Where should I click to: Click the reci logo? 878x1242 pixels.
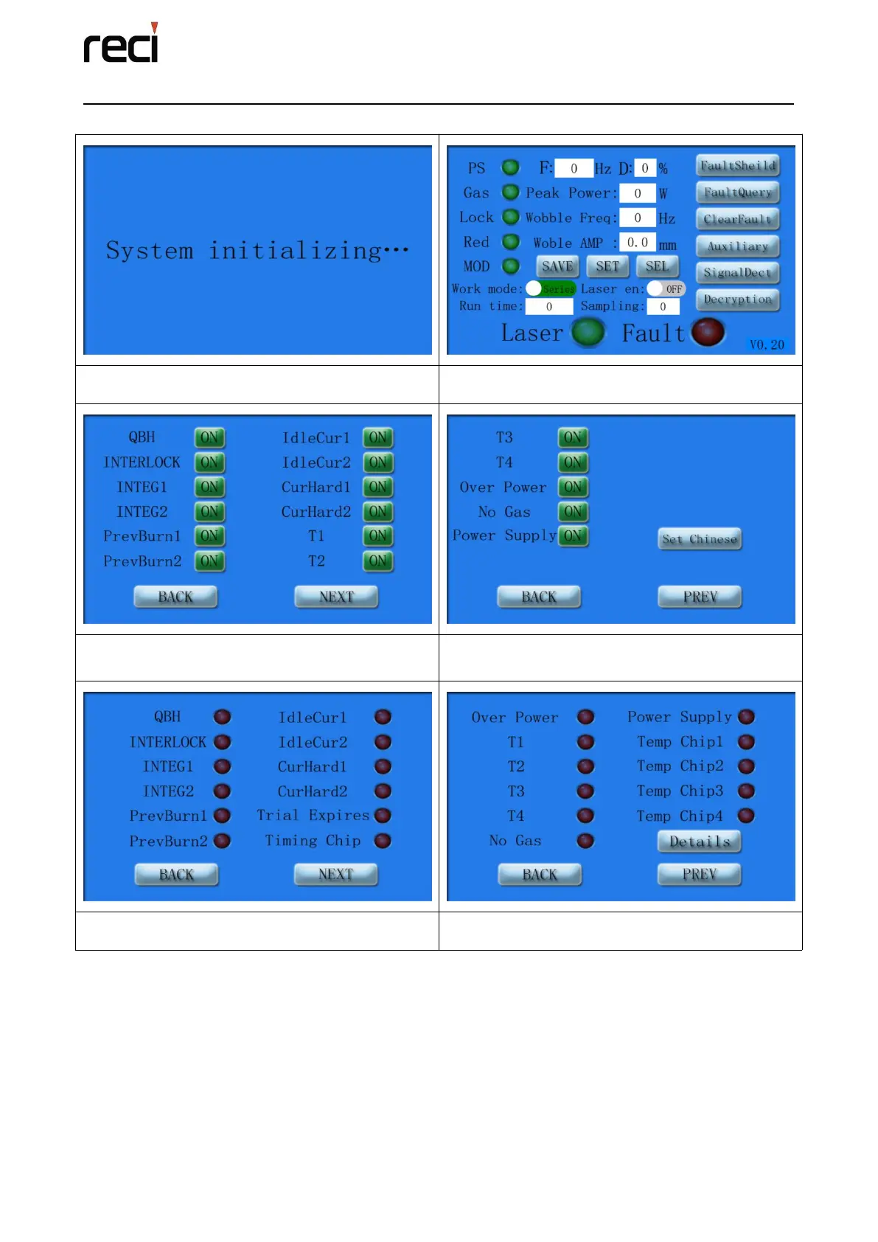pyautogui.click(x=121, y=44)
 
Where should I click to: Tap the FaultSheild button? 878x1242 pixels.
pyautogui.click(x=737, y=166)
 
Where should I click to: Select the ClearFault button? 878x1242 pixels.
pyautogui.click(x=737, y=219)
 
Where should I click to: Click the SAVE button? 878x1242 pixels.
pyautogui.click(x=557, y=266)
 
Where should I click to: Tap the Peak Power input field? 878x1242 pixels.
pyautogui.click(x=637, y=193)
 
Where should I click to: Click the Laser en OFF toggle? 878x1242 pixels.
pyautogui.click(x=666, y=289)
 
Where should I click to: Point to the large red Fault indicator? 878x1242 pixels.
pyautogui.click(x=708, y=332)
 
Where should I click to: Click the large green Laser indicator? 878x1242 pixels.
pyautogui.click(x=588, y=332)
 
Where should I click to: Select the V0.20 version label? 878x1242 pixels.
pyautogui.click(x=767, y=344)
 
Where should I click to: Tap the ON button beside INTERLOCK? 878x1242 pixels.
pyautogui.click(x=209, y=462)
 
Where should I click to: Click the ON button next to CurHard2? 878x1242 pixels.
pyautogui.click(x=378, y=512)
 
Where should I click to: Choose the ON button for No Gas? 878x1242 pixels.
pyautogui.click(x=573, y=512)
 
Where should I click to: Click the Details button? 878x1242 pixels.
pyautogui.click(x=699, y=842)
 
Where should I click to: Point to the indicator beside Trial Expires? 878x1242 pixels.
pyautogui.click(x=383, y=816)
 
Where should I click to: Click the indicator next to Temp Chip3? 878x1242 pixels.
pyautogui.click(x=746, y=791)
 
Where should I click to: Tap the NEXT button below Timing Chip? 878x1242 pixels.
pyautogui.click(x=335, y=875)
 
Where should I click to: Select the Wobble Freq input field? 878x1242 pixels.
pyautogui.click(x=637, y=218)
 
